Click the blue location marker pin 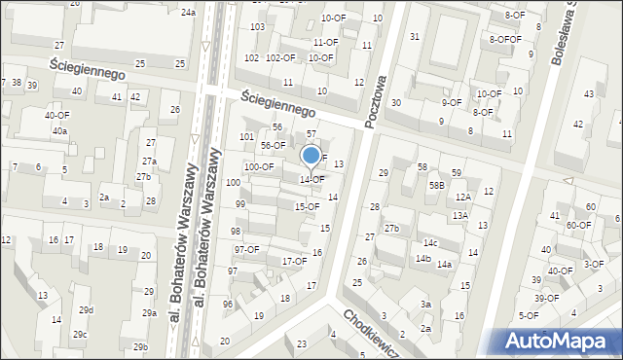(311, 156)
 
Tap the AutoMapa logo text (559, 341)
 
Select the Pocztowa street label (376, 101)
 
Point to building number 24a (187, 12)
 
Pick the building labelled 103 (257, 26)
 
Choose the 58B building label (436, 184)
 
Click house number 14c (429, 242)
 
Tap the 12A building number (462, 197)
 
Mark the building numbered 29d (87, 309)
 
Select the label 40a (60, 130)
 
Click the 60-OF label (578, 225)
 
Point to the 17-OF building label (294, 261)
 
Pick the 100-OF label (258, 166)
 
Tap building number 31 (414, 36)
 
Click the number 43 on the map (588, 93)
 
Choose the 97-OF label (246, 249)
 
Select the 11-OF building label (325, 43)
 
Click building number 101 (247, 136)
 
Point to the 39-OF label (546, 298)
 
